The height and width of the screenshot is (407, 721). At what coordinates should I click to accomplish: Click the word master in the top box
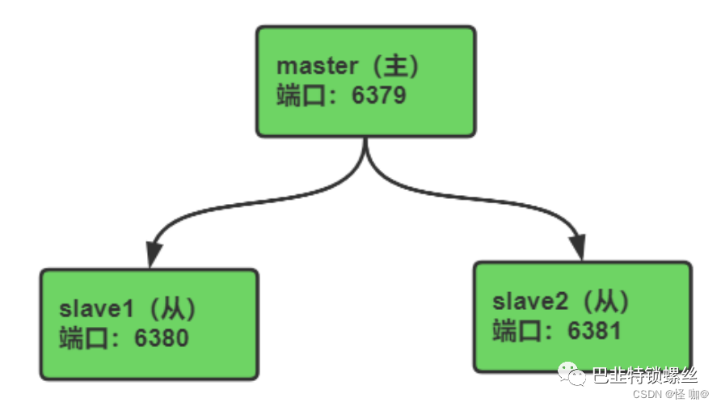pyautogui.click(x=318, y=66)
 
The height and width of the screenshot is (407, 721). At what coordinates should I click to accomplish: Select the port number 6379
pyautogui.click(x=379, y=95)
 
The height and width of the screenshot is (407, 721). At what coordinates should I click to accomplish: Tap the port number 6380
pyautogui.click(x=162, y=338)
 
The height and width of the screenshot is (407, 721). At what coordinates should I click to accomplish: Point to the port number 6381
pyautogui.click(x=594, y=331)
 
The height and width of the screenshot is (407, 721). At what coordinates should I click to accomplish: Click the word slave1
pyautogui.click(x=96, y=308)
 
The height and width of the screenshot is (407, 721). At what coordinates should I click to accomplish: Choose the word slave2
pyautogui.click(x=530, y=302)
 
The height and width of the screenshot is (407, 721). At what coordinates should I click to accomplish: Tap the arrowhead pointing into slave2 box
pyautogui.click(x=578, y=247)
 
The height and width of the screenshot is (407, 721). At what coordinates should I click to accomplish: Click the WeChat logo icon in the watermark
pyautogui.click(x=571, y=374)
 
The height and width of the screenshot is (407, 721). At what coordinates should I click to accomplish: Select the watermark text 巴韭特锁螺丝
pyautogui.click(x=645, y=375)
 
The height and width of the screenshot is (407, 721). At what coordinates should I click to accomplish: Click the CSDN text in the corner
pyautogui.click(x=647, y=395)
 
